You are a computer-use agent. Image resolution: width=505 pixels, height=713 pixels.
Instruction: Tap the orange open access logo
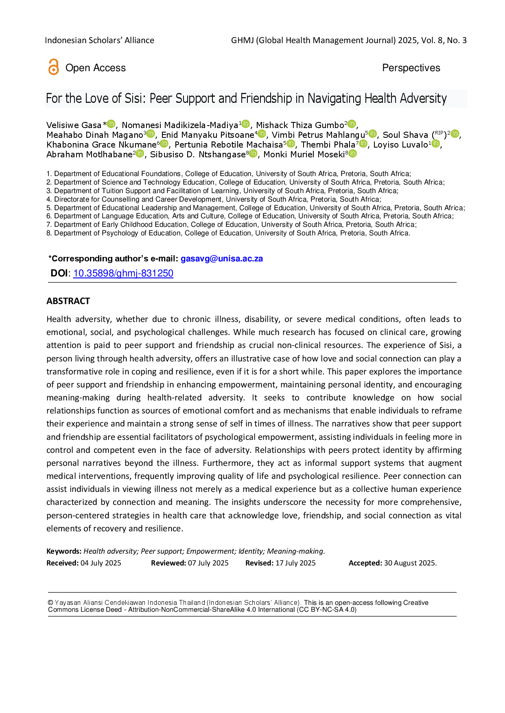(53, 67)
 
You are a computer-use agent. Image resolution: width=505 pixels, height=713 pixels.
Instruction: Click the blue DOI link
(123, 274)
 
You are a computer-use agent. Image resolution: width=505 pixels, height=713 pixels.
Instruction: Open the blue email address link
(222, 259)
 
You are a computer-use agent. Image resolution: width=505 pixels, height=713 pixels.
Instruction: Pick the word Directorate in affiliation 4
(72, 199)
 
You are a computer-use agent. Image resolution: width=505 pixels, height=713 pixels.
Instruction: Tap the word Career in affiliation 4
(166, 199)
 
